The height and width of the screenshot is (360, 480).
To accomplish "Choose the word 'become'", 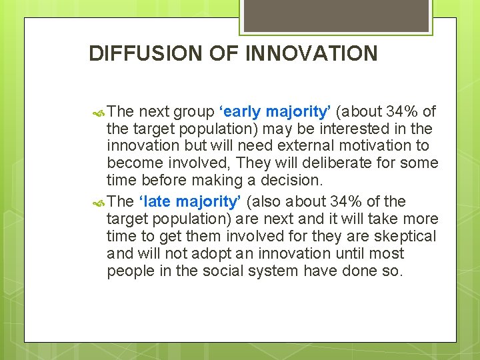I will pyautogui.click(x=132, y=163).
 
